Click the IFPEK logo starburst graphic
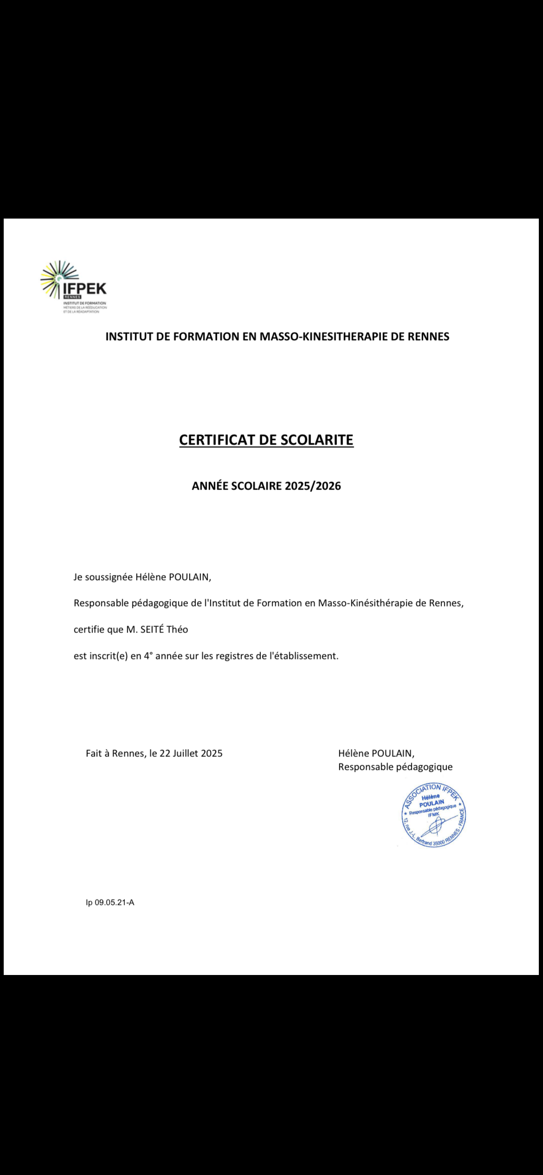(x=57, y=278)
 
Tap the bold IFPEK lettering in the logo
(x=84, y=289)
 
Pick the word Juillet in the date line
(x=186, y=753)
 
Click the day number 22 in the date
(x=165, y=753)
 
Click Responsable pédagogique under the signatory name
(x=395, y=767)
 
